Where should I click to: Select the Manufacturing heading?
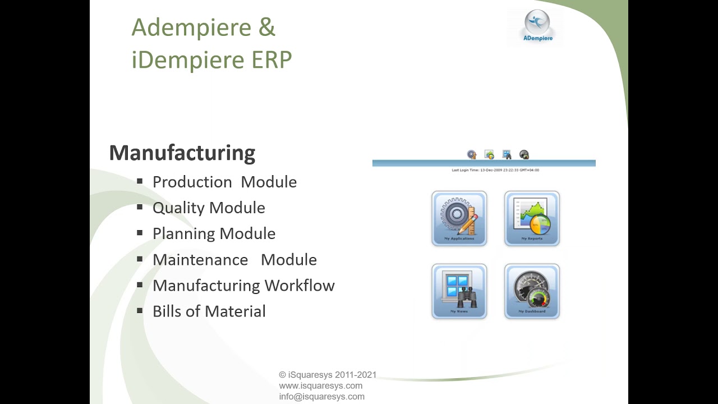[x=182, y=153]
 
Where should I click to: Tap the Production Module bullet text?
[x=224, y=182]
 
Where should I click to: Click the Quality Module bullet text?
[x=209, y=208]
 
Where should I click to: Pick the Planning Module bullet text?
[x=214, y=233]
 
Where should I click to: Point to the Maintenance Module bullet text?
[x=234, y=260]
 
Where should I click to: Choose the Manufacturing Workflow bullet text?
[x=243, y=286]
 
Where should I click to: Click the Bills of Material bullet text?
[x=209, y=311]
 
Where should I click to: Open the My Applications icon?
[x=459, y=218]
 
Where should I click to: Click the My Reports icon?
[x=532, y=218]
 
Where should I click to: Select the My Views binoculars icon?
[x=459, y=291]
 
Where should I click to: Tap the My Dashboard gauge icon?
[x=532, y=291]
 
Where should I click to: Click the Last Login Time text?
[x=495, y=170]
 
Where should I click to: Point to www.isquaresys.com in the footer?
[x=320, y=385]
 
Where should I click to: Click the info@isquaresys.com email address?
[x=321, y=396]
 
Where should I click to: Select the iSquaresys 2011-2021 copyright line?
[x=328, y=375]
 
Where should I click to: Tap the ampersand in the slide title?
[x=267, y=27]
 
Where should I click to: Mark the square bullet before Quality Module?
[x=140, y=207]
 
